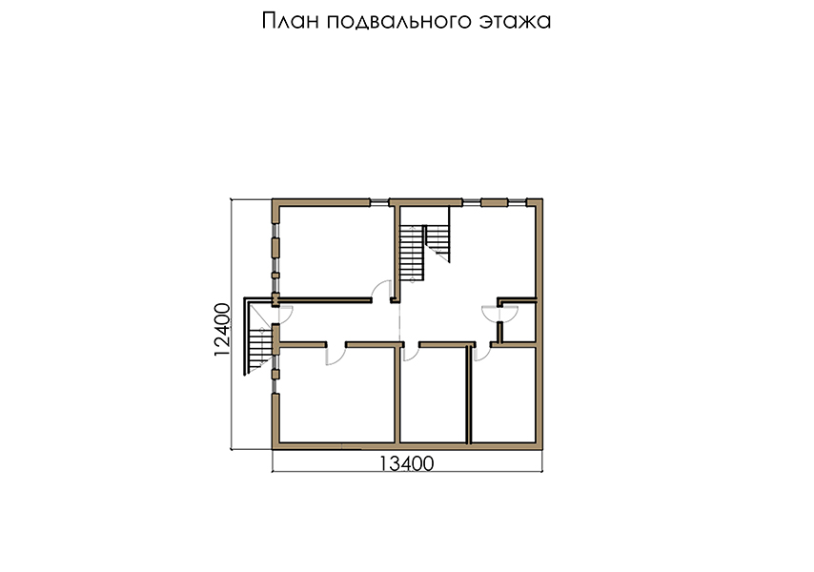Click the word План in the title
pyautogui.click(x=290, y=21)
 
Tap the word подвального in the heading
pyautogui.click(x=398, y=22)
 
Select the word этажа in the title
pyautogui.click(x=515, y=22)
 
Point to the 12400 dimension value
pyautogui.click(x=222, y=329)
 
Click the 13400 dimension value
pyautogui.click(x=406, y=463)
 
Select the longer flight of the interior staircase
pyautogui.click(x=412, y=253)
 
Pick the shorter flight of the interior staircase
pyautogui.click(x=438, y=242)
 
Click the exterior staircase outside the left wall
pyautogui.click(x=258, y=337)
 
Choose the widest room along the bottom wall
pyautogui.click(x=337, y=395)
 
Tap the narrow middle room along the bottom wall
pyautogui.click(x=434, y=395)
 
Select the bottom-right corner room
pyautogui.click(x=503, y=395)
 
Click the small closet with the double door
pyautogui.click(x=519, y=322)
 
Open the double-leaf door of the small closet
pyautogui.click(x=499, y=313)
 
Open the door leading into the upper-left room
pyautogui.click(x=381, y=290)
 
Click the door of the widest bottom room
pyautogui.click(x=336, y=355)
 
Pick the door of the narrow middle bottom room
pyautogui.click(x=411, y=352)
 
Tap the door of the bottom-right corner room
pyautogui.click(x=482, y=352)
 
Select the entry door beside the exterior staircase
pyautogui.click(x=286, y=314)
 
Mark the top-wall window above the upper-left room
pyautogui.click(x=379, y=202)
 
